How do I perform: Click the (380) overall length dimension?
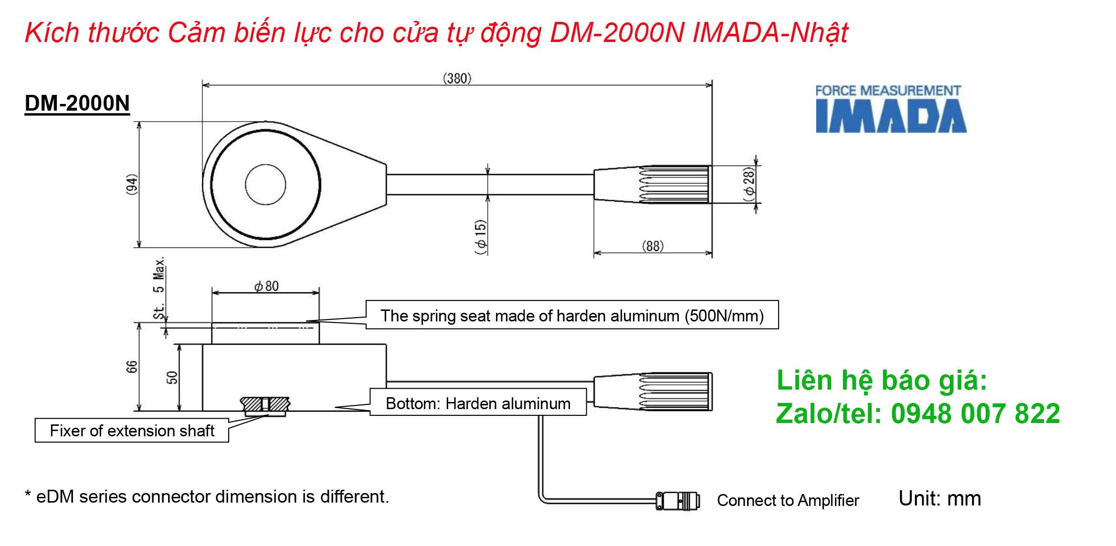457,78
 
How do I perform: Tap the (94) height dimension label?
132,184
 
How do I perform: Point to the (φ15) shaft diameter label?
481,237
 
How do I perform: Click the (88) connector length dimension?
653,246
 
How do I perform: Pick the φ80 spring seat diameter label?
266,286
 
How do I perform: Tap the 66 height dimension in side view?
132,367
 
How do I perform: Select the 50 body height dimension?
172,378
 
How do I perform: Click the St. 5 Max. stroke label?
159,288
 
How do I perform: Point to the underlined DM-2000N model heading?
77,103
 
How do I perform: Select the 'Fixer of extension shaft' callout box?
132,431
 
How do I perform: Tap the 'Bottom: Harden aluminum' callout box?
478,403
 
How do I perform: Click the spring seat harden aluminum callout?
572,315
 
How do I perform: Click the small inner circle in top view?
265,185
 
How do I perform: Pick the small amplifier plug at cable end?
678,501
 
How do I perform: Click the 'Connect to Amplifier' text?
788,500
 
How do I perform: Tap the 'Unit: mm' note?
939,498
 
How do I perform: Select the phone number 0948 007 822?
975,413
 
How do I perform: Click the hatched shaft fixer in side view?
265,404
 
